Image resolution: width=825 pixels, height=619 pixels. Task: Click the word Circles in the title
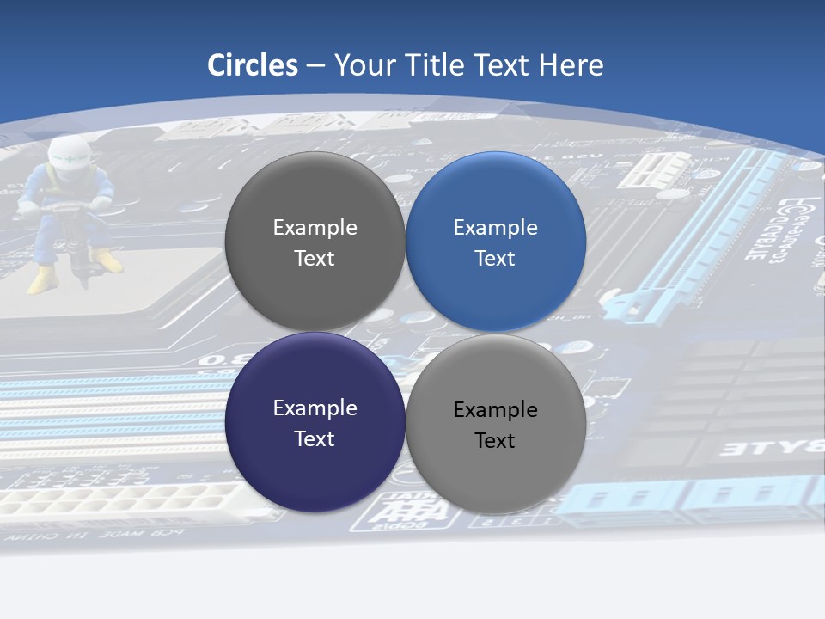click(253, 65)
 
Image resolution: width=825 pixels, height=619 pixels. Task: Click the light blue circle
click(496, 242)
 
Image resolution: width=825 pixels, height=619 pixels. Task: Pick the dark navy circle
click(315, 422)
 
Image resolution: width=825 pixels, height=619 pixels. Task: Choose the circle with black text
click(496, 424)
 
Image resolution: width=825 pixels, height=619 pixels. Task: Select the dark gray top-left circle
click(315, 242)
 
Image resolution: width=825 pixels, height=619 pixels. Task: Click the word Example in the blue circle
click(496, 228)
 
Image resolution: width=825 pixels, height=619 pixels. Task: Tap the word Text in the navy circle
click(315, 439)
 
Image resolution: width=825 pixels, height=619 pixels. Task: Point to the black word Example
click(496, 410)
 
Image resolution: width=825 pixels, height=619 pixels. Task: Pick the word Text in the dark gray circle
click(315, 259)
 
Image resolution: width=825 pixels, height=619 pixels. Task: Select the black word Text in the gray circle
click(496, 441)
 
